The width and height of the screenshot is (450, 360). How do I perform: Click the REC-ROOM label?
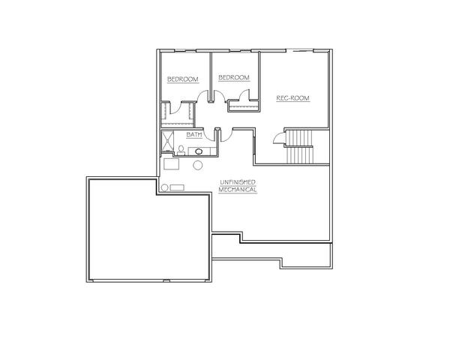tap(292, 98)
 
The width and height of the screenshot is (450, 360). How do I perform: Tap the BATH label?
tap(194, 135)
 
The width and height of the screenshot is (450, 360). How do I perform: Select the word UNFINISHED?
tap(238, 182)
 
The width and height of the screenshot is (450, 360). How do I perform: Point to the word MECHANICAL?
tap(237, 190)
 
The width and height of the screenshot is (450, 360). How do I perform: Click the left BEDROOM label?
tap(183, 79)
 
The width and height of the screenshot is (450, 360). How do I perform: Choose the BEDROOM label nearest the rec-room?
tap(233, 77)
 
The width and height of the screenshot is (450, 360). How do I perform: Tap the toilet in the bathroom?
tap(181, 150)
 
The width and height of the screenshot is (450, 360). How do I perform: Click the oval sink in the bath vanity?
tap(198, 151)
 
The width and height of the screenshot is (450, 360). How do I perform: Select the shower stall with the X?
tap(167, 141)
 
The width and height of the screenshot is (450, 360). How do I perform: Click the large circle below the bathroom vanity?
tap(198, 165)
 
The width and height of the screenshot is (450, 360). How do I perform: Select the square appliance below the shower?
tap(171, 164)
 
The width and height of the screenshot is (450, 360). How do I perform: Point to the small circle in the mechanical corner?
tap(164, 187)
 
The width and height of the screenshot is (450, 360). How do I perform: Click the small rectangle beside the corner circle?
tap(177, 187)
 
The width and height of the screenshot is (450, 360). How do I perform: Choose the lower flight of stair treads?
tap(300, 155)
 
